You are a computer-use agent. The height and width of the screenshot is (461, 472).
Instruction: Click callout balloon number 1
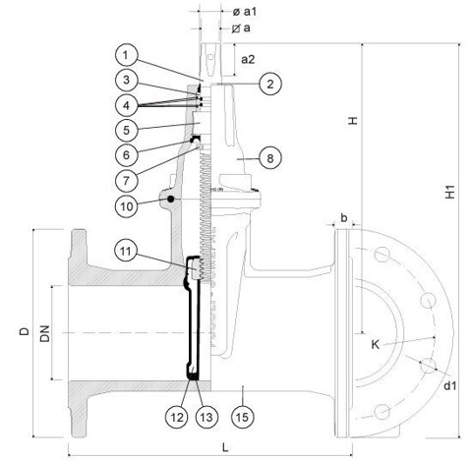click(127, 55)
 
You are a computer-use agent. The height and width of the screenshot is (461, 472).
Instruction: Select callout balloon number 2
click(270, 84)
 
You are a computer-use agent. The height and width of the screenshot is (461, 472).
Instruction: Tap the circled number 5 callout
click(127, 130)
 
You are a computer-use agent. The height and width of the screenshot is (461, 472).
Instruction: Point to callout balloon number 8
click(270, 158)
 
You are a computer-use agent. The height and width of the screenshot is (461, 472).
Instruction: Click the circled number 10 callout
click(127, 206)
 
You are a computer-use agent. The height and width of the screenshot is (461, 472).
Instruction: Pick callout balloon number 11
click(126, 252)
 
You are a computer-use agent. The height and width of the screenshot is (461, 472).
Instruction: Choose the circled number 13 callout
click(206, 417)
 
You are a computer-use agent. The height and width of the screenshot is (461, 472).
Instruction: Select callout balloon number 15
click(242, 417)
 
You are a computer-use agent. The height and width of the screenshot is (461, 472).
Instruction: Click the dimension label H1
click(450, 192)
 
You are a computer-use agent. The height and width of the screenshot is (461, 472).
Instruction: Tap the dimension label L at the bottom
click(225, 447)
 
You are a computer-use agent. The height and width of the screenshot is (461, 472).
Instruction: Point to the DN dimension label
click(45, 333)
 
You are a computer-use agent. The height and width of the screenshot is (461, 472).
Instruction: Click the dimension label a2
click(248, 60)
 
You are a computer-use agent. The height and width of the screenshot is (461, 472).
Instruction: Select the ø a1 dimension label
click(244, 12)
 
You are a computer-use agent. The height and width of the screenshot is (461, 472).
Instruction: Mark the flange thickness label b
click(343, 217)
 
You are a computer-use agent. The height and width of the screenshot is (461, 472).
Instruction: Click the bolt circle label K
click(376, 344)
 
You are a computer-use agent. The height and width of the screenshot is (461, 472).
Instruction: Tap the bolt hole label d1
click(450, 385)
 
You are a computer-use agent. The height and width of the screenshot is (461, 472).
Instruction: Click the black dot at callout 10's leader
click(170, 199)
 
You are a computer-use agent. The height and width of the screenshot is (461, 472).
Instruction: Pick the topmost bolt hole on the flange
click(382, 255)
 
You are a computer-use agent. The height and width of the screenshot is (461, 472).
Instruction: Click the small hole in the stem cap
click(210, 57)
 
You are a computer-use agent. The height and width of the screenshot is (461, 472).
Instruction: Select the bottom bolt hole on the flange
click(382, 411)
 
